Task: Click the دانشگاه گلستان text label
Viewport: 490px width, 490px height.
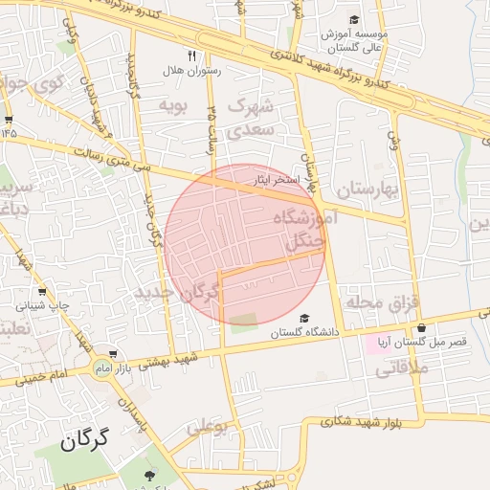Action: pos(304,333)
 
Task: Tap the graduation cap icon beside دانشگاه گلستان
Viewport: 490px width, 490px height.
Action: pos(304,319)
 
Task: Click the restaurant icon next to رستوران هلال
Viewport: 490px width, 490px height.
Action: pos(192,56)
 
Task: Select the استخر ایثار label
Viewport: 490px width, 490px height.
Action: pos(279,180)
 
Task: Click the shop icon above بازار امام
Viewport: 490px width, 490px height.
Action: pos(114,354)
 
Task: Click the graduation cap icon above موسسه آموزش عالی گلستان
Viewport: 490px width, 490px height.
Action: pos(354,19)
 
